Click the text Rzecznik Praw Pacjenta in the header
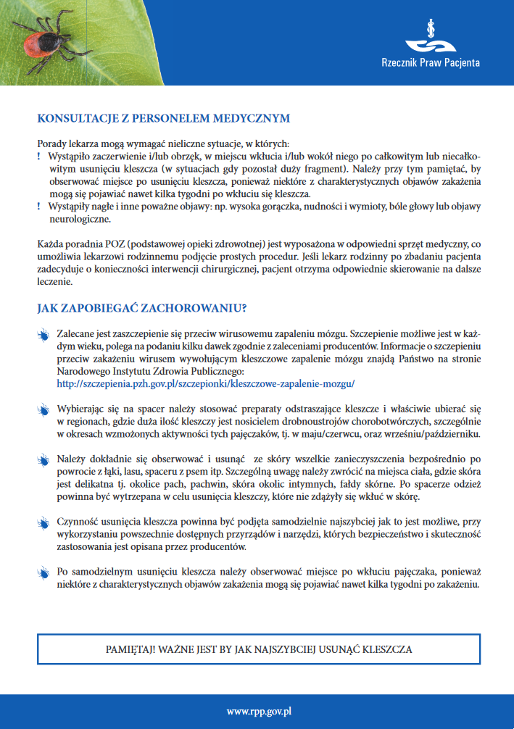click(430, 63)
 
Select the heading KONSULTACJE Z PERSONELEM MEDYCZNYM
click(163, 118)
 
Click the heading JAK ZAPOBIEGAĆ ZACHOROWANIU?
click(142, 308)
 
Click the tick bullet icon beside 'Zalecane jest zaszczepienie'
click(42, 336)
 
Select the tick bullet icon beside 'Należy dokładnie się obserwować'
click(42, 460)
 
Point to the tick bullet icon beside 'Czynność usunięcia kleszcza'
click(42, 522)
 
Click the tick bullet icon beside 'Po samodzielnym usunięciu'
click(42, 572)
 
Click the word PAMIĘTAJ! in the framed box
click(130, 649)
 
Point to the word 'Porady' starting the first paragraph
click(52, 143)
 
